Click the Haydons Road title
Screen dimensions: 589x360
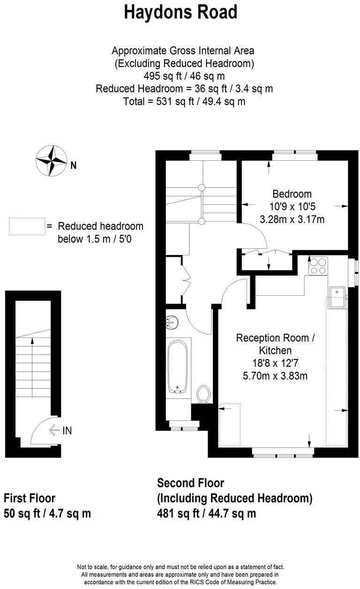point(180,12)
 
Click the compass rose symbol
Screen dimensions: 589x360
point(51,161)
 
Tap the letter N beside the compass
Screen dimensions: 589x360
point(74,164)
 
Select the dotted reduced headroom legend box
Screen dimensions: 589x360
point(27,226)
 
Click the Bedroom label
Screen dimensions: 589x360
point(292,194)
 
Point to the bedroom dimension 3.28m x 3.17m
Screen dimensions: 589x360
point(292,218)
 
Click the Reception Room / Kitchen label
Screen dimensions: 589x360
point(272,343)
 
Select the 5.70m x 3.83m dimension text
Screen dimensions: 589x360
point(272,375)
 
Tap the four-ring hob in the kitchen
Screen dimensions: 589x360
point(317,266)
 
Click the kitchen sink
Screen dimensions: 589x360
point(337,297)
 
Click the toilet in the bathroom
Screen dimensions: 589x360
point(203,394)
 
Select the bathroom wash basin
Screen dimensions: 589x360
point(172,321)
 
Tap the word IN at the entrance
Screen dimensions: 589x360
point(67,430)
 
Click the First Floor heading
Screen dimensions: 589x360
point(29,498)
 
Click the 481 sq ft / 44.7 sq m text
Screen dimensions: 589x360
point(206,513)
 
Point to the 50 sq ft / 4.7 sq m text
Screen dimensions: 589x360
point(47,513)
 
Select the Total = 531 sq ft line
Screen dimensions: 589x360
point(184,101)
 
